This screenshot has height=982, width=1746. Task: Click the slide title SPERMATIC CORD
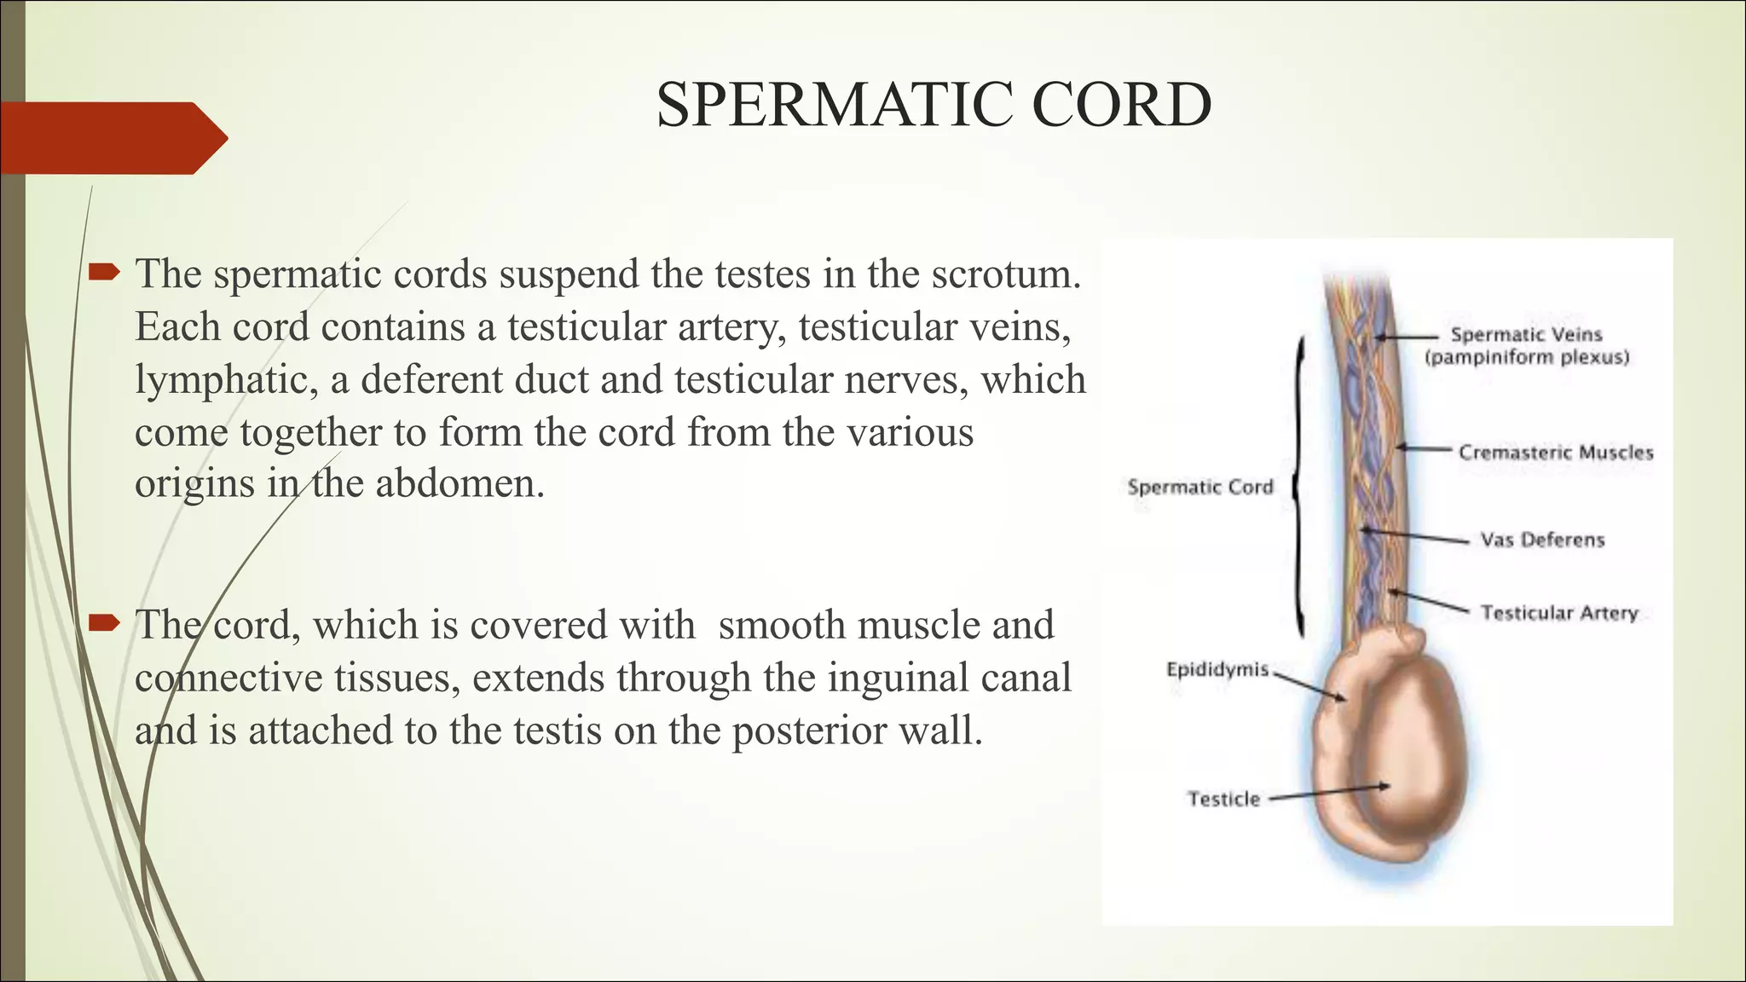(934, 105)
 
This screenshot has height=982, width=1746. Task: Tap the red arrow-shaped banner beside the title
(111, 138)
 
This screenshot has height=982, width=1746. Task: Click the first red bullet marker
(104, 273)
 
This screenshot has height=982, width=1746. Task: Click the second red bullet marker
(104, 624)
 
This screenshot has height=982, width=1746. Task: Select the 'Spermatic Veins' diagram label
(1526, 335)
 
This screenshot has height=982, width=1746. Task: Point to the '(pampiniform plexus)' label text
(1526, 357)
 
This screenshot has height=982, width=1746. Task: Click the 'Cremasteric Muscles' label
(1555, 453)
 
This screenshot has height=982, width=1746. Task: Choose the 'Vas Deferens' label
(1542, 540)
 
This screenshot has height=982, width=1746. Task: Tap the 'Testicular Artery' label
(1559, 613)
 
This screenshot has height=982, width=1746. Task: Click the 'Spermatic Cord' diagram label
(1200, 487)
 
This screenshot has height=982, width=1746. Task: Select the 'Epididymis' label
(1217, 669)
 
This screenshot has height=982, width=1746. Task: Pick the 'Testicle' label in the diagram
(1223, 799)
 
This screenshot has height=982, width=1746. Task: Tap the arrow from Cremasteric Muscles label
(1424, 448)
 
